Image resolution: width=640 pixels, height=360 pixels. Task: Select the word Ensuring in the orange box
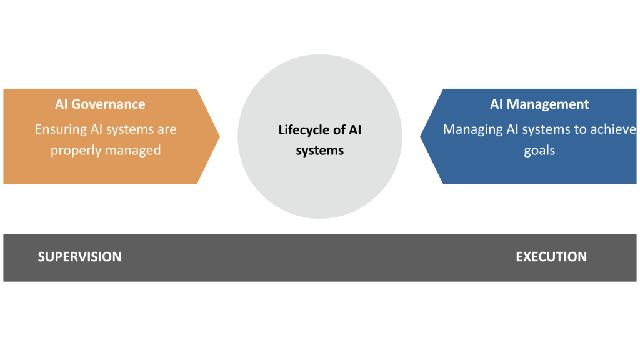[x=61, y=129]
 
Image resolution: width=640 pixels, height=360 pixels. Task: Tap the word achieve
[x=615, y=129]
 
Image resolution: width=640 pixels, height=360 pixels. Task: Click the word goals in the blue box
[x=539, y=151]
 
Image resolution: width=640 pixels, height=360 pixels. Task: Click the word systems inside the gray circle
[x=320, y=151]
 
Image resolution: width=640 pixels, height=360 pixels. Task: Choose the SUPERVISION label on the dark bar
[x=79, y=257]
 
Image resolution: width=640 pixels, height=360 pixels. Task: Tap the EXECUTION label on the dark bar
[x=551, y=257]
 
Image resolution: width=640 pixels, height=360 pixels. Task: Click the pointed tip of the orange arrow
[x=219, y=136]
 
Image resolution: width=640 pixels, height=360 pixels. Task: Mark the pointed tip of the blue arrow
[x=421, y=136]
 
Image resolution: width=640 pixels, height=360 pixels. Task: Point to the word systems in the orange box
[x=129, y=129]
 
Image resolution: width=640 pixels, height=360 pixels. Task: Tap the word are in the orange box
[x=167, y=129]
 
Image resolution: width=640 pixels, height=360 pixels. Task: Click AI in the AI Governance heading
[x=61, y=104]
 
